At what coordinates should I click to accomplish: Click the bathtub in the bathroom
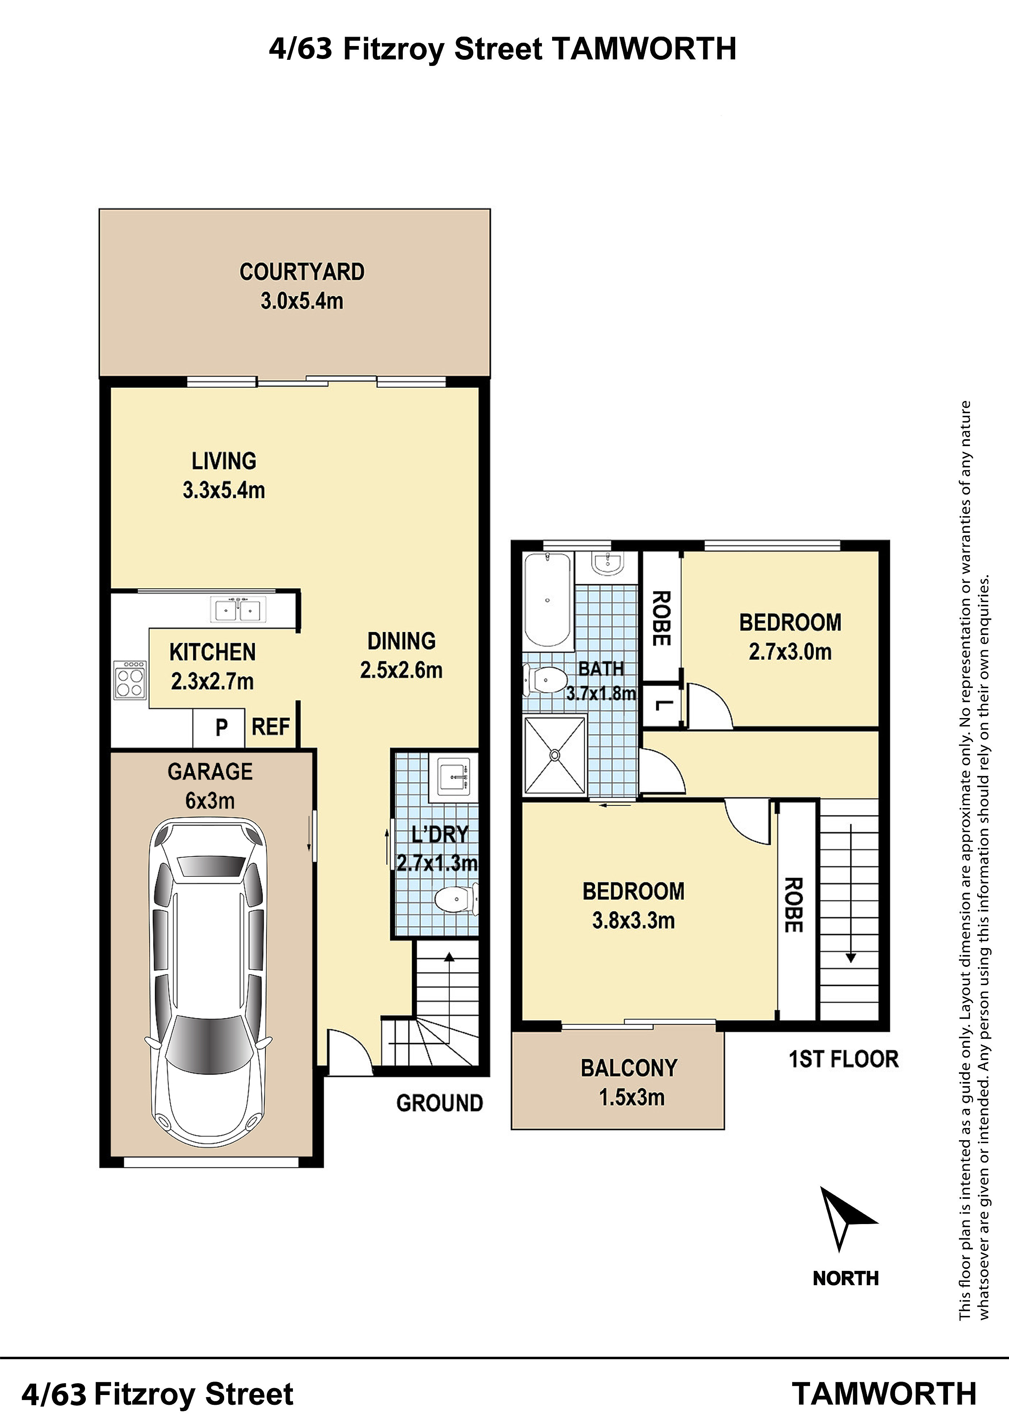547,600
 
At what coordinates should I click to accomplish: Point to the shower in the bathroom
555,755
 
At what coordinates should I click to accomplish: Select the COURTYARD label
302,272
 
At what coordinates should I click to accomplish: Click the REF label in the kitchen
271,727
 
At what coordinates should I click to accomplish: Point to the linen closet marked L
662,705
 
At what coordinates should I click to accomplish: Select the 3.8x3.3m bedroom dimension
633,920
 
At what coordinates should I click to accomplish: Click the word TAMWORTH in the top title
644,48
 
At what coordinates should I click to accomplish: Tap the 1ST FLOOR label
844,1059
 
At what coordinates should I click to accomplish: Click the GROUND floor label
439,1103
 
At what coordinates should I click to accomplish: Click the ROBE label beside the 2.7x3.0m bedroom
661,618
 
